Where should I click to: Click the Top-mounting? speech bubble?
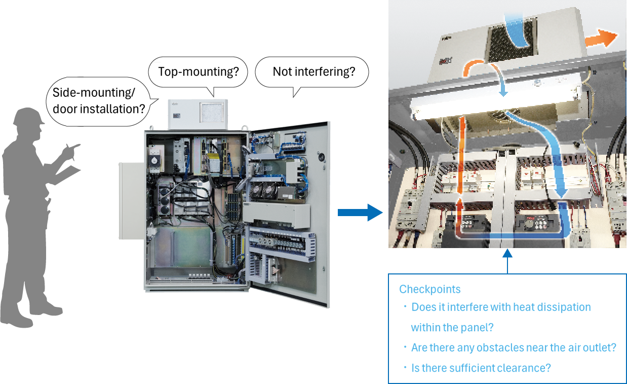(x=198, y=72)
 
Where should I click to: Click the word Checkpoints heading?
(x=430, y=289)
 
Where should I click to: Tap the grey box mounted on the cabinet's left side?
(x=131, y=201)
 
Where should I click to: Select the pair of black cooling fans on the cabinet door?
(x=262, y=191)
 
